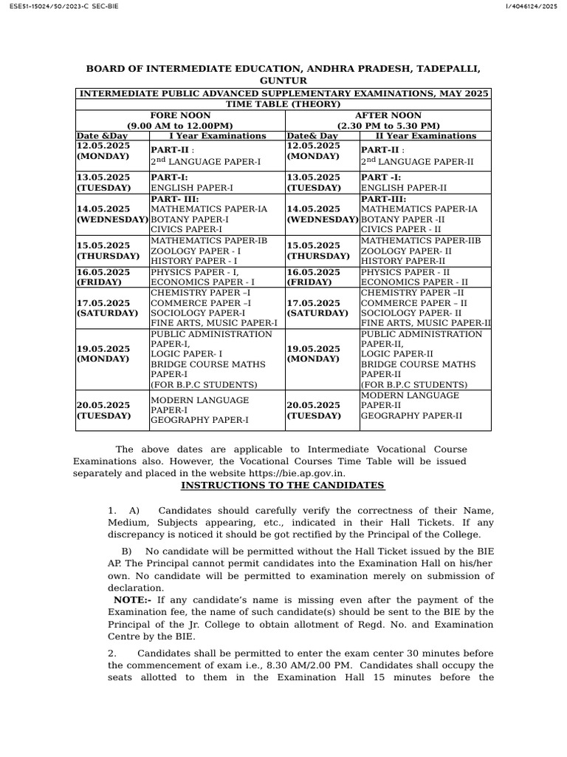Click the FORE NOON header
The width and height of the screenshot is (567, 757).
pyautogui.click(x=180, y=116)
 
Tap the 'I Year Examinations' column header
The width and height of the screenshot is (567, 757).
pyautogui.click(x=218, y=136)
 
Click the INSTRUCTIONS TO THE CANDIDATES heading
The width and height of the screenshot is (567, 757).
pyautogui.click(x=283, y=486)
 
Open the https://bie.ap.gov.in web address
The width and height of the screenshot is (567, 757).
pyautogui.click(x=296, y=473)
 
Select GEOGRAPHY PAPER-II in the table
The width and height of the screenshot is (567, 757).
pyautogui.click(x=411, y=416)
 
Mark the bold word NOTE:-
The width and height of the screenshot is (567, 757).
pyautogui.click(x=132, y=600)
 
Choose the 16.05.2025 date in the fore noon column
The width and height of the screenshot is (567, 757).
pyautogui.click(x=103, y=272)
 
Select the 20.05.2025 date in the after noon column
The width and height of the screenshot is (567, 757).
pyautogui.click(x=313, y=405)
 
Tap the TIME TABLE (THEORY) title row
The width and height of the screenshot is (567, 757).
pyautogui.click(x=283, y=104)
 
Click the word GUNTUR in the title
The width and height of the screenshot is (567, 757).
pyautogui.click(x=283, y=81)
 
